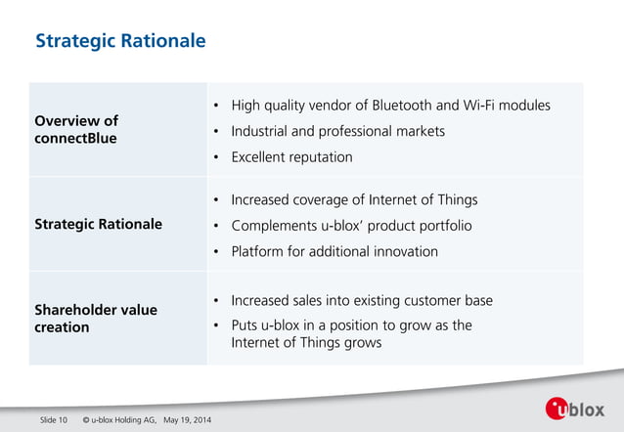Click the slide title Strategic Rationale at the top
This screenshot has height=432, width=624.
pos(120,41)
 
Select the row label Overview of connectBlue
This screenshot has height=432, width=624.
pos(76,129)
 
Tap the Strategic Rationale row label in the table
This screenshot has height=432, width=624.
pos(98,224)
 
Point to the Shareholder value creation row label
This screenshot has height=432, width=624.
pos(95,318)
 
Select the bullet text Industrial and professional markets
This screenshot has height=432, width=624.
pos(337,131)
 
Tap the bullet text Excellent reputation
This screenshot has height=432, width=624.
pos(291,156)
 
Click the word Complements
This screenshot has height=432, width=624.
pos(273,226)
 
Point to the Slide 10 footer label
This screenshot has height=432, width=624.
pos(53,420)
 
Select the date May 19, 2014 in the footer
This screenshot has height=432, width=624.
pos(187,420)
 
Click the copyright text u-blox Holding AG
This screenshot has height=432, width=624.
pos(124,420)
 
